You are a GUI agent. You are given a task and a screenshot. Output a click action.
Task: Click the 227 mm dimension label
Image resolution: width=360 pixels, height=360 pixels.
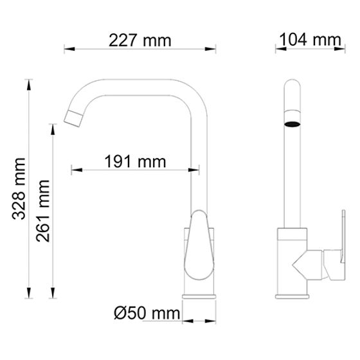tap(139, 40)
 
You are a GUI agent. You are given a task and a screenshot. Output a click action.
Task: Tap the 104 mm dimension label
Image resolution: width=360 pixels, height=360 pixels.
tap(309, 40)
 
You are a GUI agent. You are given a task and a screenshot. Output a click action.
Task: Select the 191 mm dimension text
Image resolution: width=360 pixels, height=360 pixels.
tap(135, 162)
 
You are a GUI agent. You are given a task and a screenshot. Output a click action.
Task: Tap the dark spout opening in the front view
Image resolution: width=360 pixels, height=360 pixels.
tap(292, 122)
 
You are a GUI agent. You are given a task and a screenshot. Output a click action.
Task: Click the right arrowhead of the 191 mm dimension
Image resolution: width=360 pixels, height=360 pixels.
tap(194, 170)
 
